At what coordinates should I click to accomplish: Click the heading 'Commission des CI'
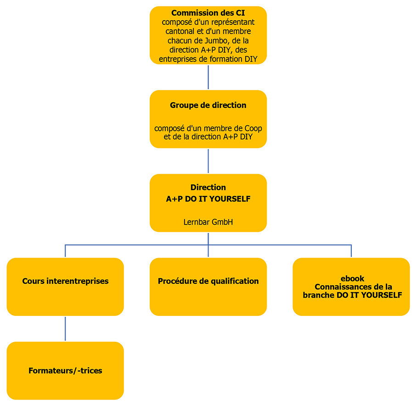point(208,13)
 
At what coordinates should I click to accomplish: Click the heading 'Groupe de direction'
point(208,105)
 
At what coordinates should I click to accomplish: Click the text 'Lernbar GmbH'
point(208,222)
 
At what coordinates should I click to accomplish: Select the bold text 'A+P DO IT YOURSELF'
point(208,199)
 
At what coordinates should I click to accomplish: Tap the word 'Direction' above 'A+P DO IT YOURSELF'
point(208,187)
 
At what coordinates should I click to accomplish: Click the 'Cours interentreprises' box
point(65,287)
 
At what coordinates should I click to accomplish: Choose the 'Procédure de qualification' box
point(208,287)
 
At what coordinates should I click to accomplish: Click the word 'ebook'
point(352,278)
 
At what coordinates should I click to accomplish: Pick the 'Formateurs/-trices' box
point(65,371)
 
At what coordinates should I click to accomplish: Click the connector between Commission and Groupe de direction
point(208,77)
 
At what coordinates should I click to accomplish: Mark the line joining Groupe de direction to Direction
point(208,161)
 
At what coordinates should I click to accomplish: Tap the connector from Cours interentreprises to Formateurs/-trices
point(65,328)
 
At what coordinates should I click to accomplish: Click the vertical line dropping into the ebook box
point(351,251)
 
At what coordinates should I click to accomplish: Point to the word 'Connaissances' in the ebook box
point(341,287)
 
